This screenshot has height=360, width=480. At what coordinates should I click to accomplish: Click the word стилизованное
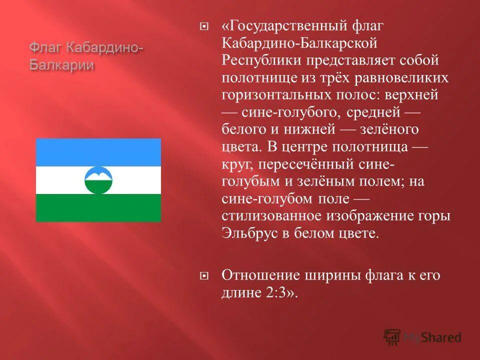tap(282, 216)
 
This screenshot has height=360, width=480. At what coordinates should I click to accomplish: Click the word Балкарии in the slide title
tap(62, 65)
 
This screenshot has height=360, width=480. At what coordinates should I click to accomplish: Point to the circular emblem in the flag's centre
tap(98, 180)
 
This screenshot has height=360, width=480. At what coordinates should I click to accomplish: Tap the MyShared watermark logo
tap(422, 337)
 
